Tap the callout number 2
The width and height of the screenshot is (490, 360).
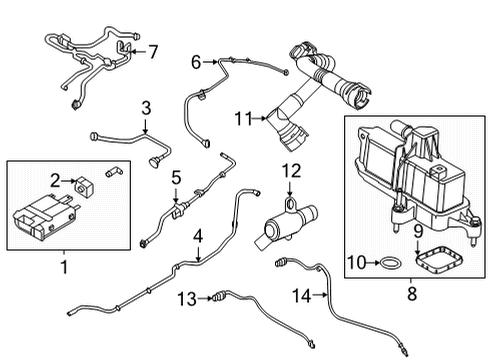[x=58, y=181]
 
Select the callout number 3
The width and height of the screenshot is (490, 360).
[x=145, y=107]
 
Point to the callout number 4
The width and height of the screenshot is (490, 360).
[x=198, y=236]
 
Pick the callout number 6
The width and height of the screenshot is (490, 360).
[x=197, y=62]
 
